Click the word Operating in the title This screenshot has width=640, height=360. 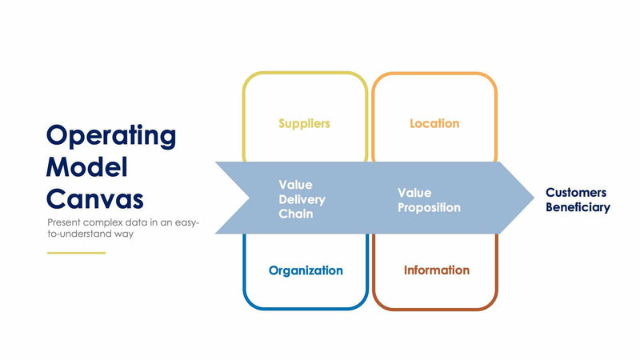coord(111,135)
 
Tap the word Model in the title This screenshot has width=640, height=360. coord(87,167)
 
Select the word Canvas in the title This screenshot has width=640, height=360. coord(95,198)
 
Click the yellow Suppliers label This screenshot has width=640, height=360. coord(304,124)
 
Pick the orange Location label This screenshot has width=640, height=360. coord(434,124)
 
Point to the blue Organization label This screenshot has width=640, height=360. coord(306,270)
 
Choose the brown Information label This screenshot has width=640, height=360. coord(436,270)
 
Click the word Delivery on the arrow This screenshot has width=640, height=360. coord(302,199)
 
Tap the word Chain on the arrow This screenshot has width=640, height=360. coord(295,214)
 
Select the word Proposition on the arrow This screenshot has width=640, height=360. coord(430,207)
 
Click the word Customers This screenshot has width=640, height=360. coord(576,193)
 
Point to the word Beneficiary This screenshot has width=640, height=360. coord(578,207)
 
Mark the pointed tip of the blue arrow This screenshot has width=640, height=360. coord(533,198)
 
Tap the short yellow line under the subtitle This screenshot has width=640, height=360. coord(76,253)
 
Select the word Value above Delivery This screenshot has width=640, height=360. coord(295,184)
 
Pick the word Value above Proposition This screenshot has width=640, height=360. coord(414,193)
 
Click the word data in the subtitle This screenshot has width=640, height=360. coord(136,222)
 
